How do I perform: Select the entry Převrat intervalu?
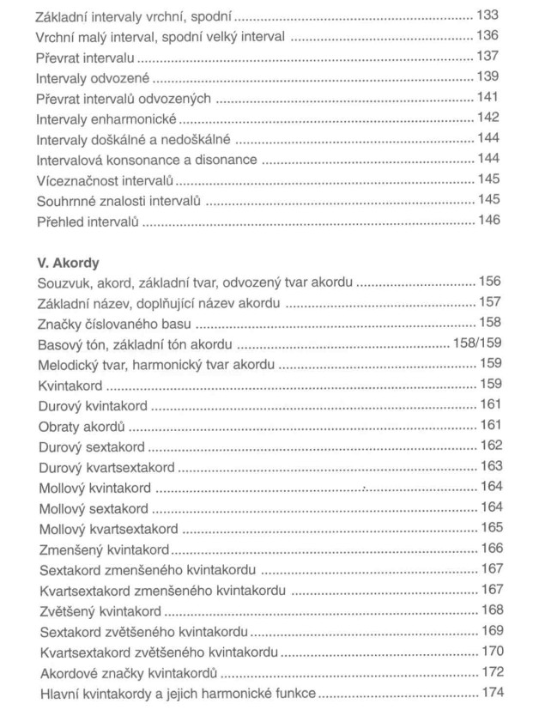click(x=86, y=58)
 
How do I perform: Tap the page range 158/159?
click(x=476, y=343)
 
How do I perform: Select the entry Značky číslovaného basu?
click(x=114, y=324)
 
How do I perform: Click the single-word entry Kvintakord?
click(x=69, y=384)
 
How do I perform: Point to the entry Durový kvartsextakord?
click(x=106, y=467)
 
